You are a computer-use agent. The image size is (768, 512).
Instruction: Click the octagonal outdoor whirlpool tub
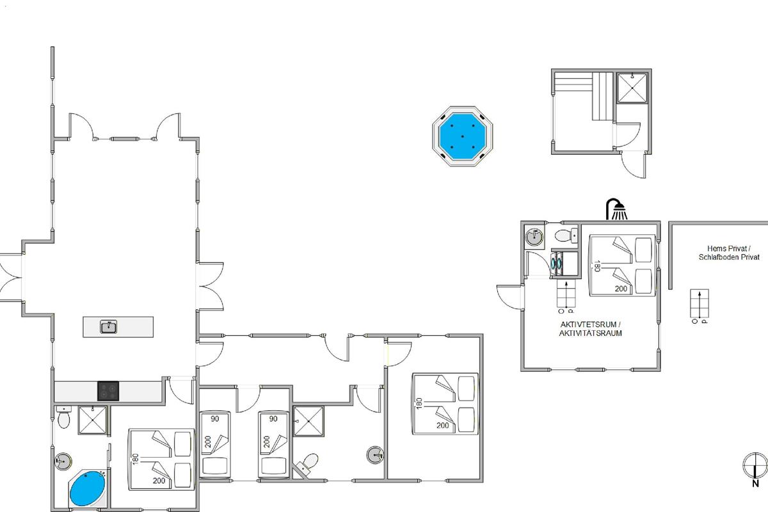tap(462, 136)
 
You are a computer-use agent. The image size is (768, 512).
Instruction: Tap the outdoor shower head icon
tap(616, 209)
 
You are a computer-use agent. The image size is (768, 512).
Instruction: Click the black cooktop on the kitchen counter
tap(108, 391)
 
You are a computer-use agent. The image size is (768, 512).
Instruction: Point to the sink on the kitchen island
tap(108, 327)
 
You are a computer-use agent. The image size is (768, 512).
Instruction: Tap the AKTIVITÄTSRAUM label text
tap(590, 333)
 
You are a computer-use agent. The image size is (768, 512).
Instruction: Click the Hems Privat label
tap(729, 248)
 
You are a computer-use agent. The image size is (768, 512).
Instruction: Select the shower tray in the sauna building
tap(632, 88)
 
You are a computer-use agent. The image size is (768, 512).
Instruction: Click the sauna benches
tap(584, 97)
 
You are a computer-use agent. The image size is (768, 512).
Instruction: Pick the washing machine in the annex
tap(557, 264)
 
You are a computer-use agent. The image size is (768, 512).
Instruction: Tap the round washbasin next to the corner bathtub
tap(63, 461)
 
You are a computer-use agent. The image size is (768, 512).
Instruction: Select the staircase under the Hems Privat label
tap(700, 303)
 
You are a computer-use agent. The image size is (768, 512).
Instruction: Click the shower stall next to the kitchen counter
tap(92, 420)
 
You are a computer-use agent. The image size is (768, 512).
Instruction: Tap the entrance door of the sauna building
tap(634, 165)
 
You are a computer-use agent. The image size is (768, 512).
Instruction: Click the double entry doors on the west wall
tap(11, 278)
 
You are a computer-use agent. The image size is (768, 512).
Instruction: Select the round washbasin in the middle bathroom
tap(375, 455)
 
